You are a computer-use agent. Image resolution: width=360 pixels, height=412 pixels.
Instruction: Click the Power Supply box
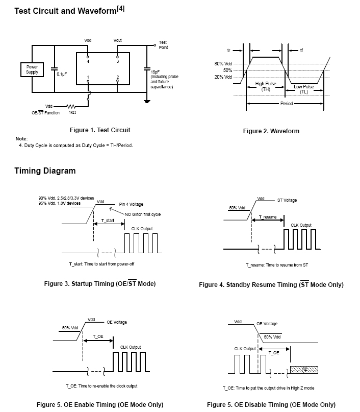[32, 69]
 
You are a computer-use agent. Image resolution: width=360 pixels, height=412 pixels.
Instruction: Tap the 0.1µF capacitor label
[62, 74]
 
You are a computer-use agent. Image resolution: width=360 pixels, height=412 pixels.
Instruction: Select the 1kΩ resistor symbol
[71, 106]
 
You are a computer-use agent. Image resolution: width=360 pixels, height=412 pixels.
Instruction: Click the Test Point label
[163, 45]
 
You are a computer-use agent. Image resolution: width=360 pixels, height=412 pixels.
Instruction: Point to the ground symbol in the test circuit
[147, 101]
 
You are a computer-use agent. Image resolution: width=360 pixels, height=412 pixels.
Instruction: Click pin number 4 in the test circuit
[88, 61]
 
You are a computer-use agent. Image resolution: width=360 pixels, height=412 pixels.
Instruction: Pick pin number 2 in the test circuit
[118, 77]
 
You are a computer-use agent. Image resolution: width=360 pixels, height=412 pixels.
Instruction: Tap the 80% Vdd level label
[223, 64]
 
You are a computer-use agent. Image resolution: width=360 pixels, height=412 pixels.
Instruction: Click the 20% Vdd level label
[223, 77]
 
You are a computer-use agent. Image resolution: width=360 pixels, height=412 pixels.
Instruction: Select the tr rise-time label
[228, 51]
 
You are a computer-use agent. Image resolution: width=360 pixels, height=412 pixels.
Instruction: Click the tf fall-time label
[301, 51]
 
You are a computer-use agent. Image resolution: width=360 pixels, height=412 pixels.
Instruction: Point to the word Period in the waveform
[287, 104]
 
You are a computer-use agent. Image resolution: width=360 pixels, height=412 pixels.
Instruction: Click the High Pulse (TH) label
[266, 86]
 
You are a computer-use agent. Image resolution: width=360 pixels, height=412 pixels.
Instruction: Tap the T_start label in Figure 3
[108, 221]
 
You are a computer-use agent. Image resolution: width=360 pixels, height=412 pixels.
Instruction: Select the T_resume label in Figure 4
[268, 217]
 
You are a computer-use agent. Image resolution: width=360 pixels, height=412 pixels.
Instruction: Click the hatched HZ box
[304, 370]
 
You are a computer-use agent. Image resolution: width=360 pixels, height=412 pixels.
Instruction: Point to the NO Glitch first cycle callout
[143, 214]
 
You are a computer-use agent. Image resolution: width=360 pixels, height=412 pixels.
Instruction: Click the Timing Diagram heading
[45, 171]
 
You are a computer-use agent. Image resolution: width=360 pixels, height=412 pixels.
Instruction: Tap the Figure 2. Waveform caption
[271, 131]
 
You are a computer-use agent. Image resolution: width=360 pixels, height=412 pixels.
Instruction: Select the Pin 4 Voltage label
[131, 204]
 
